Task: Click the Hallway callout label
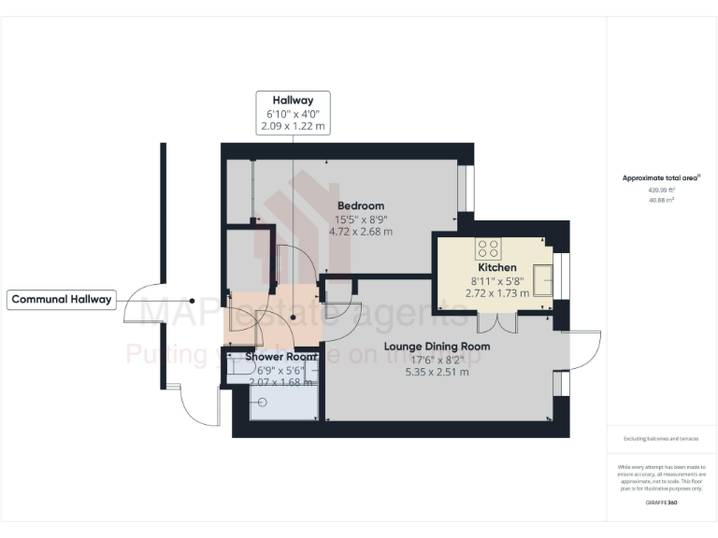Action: point(293,100)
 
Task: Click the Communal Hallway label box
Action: point(62,300)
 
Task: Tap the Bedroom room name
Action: point(360,205)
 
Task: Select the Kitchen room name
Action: point(497,267)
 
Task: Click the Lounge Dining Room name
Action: point(437,346)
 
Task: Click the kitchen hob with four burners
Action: point(489,248)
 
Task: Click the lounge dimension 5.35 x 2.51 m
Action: point(437,372)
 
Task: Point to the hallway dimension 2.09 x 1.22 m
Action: point(293,126)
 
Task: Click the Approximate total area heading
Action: point(661,177)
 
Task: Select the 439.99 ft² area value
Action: point(661,189)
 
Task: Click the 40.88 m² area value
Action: point(661,199)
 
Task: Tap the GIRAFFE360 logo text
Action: point(661,503)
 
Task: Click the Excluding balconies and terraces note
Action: point(661,438)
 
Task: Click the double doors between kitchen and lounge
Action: point(495,323)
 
